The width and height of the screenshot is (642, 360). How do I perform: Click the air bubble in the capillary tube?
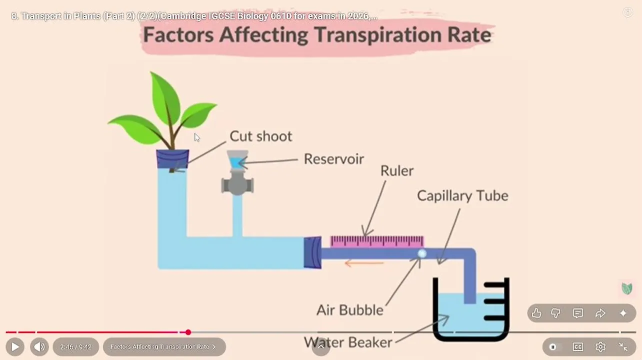click(422, 254)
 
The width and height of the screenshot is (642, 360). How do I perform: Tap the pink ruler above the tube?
click(377, 241)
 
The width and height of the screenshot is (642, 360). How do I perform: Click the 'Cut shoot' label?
click(260, 136)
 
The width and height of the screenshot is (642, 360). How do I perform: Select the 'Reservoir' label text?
click(333, 159)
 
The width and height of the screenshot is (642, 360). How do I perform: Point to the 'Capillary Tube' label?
click(462, 195)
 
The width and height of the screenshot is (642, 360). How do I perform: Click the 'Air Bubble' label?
click(350, 310)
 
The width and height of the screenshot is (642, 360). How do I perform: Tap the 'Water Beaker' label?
click(348, 342)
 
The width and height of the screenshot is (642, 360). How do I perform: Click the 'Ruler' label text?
click(397, 171)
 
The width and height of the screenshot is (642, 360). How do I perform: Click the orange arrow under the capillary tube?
click(364, 263)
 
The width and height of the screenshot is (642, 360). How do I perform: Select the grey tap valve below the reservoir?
click(237, 183)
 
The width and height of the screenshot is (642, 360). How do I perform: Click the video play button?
click(15, 346)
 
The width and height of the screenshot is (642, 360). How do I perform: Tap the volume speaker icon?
click(39, 346)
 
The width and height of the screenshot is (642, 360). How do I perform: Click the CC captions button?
click(578, 346)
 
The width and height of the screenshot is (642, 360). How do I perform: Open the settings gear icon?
click(600, 346)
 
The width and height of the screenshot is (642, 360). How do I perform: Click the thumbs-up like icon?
click(536, 313)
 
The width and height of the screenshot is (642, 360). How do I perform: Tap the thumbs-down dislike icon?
click(556, 313)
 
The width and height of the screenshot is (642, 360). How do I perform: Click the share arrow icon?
click(600, 313)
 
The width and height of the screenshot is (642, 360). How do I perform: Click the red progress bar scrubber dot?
click(188, 332)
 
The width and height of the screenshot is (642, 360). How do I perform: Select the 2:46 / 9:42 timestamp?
click(75, 346)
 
